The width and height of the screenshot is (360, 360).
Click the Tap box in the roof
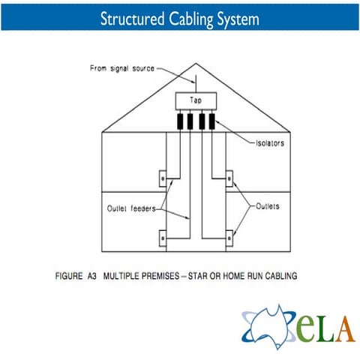pyautogui.click(x=196, y=101)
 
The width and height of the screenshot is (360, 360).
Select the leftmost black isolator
pyautogui.click(x=180, y=121)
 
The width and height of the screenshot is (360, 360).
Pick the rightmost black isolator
pyautogui.click(x=212, y=121)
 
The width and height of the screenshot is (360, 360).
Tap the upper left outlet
pyautogui.click(x=163, y=178)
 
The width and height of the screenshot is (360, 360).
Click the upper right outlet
pyautogui.click(x=229, y=178)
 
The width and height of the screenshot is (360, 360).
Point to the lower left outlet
pyautogui.click(x=163, y=238)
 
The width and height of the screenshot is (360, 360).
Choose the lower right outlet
pyautogui.click(x=229, y=238)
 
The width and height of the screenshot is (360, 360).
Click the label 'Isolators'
pyautogui.click(x=270, y=143)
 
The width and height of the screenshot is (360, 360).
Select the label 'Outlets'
pyautogui.click(x=268, y=206)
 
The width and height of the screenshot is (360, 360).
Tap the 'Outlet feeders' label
pyautogui.click(x=131, y=208)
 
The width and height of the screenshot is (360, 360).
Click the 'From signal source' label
pyautogui.click(x=122, y=68)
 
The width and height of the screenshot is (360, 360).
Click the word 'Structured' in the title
pyautogui.click(x=133, y=19)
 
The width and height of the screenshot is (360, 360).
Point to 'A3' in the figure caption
pyautogui.click(x=92, y=276)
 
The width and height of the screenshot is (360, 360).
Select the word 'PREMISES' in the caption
pyautogui.click(x=160, y=276)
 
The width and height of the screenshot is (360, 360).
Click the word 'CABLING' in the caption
pyautogui.click(x=281, y=276)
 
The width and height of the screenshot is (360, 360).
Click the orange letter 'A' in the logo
pyautogui.click(x=345, y=329)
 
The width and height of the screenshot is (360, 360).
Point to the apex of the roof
pyautogui.click(x=196, y=64)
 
